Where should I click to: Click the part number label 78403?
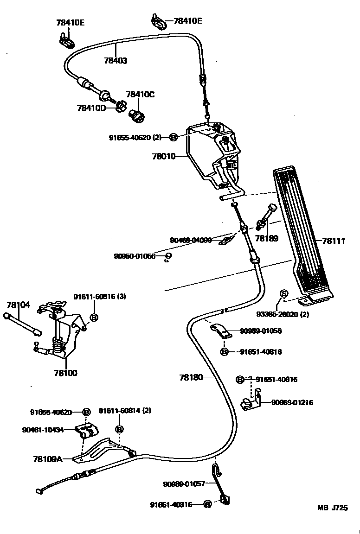[x=116, y=60]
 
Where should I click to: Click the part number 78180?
[x=191, y=377]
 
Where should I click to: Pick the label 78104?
[x=19, y=305]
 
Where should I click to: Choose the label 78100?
[x=66, y=373]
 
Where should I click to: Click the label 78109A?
[x=47, y=459]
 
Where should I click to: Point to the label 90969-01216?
[x=292, y=402]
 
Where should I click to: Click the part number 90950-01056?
[x=135, y=256]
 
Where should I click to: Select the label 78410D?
[x=91, y=108]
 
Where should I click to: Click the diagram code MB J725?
[x=332, y=508]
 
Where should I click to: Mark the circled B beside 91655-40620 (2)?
[x=174, y=137]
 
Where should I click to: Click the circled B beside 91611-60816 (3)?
[x=93, y=317]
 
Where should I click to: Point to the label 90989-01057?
[x=184, y=484]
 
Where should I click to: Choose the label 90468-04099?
[x=191, y=240]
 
